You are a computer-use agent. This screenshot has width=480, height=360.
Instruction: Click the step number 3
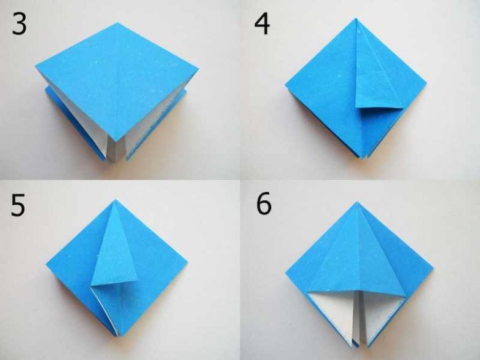(x=19, y=24)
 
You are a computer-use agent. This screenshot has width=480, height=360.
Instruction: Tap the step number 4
(x=262, y=25)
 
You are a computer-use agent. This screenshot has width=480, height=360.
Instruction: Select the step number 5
(x=18, y=206)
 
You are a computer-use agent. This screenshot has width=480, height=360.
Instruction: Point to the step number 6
(x=264, y=203)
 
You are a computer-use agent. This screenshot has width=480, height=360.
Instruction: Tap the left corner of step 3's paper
(x=36, y=66)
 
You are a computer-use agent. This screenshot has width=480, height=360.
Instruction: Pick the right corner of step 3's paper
(x=199, y=69)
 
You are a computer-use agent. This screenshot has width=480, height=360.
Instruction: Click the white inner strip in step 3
(x=116, y=151)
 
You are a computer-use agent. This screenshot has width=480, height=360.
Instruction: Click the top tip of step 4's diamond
(x=356, y=18)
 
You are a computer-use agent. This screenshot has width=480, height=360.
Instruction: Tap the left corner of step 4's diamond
(x=285, y=85)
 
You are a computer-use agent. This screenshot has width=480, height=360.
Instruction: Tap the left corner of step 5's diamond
(x=46, y=264)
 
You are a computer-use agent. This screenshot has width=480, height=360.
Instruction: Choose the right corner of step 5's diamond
(x=187, y=263)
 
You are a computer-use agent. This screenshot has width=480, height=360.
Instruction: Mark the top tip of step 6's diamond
(x=356, y=202)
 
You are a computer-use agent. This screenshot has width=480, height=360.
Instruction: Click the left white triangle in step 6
(x=332, y=309)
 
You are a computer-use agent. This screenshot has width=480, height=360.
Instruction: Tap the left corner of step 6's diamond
(x=286, y=275)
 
